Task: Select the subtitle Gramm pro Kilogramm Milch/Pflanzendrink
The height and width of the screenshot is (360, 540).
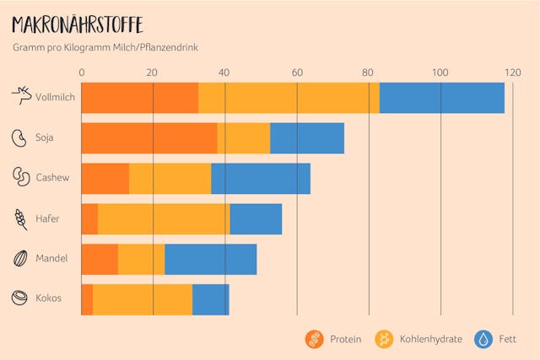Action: tap(105, 48)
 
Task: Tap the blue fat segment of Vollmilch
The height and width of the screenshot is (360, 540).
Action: tap(441, 98)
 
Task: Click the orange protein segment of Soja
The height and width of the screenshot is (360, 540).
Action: tap(149, 138)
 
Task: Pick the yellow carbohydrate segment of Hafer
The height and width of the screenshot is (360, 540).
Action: tap(164, 218)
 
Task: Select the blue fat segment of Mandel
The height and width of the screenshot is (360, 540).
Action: tap(210, 259)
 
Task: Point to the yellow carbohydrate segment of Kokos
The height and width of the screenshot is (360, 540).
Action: tap(143, 299)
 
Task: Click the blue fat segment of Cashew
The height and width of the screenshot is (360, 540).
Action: tap(260, 179)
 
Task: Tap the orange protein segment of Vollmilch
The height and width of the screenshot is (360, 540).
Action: tap(139, 98)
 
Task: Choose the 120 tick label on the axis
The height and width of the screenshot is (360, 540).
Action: tap(512, 73)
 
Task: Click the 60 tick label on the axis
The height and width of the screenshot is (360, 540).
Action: tap(297, 73)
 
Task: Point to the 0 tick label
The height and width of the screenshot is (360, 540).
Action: tap(82, 73)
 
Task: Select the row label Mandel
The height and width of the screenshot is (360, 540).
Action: tap(51, 258)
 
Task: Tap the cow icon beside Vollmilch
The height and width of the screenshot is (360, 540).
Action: tap(20, 97)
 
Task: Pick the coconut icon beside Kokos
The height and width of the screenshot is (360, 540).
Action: tap(19, 298)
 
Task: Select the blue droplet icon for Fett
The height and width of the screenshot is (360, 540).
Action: tap(484, 339)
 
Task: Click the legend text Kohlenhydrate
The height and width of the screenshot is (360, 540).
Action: tap(430, 339)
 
